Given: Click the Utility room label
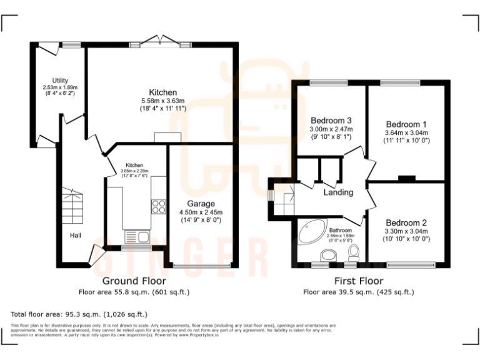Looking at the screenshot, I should point(60,81).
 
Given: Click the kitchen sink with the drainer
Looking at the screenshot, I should point(137,236).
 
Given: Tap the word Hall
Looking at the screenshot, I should point(76,235).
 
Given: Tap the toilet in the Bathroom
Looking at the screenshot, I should point(354,252).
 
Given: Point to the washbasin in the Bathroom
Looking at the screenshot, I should point(327,256).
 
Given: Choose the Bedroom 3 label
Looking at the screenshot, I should point(331,121).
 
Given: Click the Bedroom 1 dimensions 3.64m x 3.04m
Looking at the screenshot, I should point(406,132).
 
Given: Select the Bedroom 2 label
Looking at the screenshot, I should point(406,223).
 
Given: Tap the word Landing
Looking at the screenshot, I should point(338,192).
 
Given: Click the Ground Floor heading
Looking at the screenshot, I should point(134,281).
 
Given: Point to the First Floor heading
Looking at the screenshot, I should point(358,281).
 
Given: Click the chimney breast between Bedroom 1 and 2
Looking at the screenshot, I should point(407,179).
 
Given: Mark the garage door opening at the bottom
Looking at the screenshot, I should point(201,265).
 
